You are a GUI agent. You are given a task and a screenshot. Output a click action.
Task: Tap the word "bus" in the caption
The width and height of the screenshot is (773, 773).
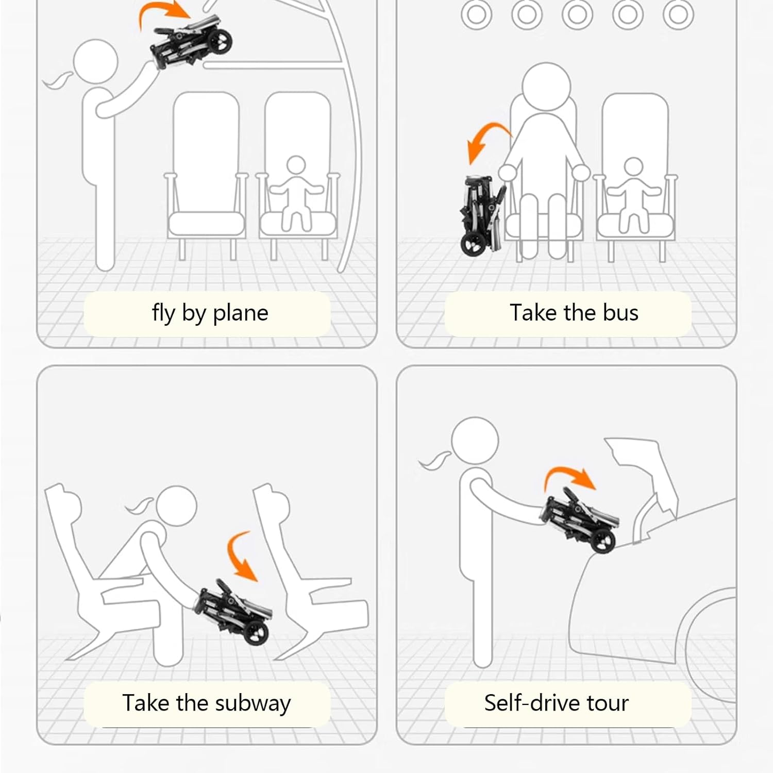[x=620, y=313]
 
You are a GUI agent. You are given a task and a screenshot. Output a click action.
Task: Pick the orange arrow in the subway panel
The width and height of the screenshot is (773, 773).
[x=240, y=556]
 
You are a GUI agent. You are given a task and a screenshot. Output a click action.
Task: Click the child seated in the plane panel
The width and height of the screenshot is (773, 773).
[x=296, y=193]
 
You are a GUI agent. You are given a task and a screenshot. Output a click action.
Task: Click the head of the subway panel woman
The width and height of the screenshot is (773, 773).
[x=176, y=505]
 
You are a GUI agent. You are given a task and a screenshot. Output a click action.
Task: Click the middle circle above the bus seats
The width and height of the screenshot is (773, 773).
[x=577, y=14]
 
